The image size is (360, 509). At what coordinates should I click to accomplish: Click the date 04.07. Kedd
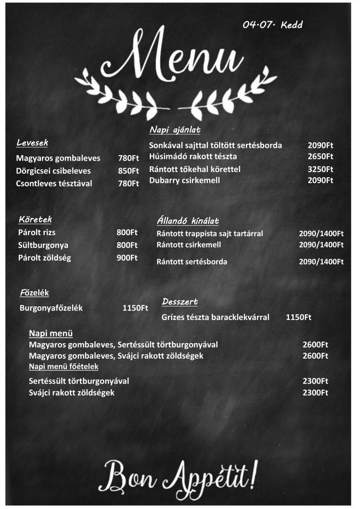pos(272,25)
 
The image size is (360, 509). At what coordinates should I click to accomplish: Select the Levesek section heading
pos(32,142)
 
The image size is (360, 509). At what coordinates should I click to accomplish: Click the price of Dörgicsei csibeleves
pos(128,171)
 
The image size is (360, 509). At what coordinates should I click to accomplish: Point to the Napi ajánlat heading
pos(175,130)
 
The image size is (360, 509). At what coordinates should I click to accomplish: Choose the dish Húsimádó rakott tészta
pos(193,156)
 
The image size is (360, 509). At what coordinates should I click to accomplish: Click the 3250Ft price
pos(320,169)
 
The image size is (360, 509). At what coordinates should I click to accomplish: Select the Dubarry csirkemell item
pos(184,180)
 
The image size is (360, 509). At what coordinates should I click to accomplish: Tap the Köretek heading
pos(35,219)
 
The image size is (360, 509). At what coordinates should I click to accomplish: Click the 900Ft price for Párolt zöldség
pos(127,258)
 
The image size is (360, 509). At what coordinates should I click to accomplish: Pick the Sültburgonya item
pos(43,245)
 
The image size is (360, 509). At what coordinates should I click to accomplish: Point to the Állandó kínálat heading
pos(188,221)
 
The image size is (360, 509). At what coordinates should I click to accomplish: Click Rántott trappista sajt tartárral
pos(210,233)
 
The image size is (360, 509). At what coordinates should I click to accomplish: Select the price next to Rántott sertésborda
pos(321,262)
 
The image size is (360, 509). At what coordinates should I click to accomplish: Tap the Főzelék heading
pos(34,293)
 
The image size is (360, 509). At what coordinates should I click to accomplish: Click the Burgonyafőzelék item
pos(51,308)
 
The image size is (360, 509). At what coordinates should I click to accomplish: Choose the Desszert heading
pos(180,302)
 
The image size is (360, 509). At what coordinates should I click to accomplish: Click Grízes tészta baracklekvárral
pos(215,317)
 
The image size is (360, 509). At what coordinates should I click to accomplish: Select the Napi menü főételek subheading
pos(64,366)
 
